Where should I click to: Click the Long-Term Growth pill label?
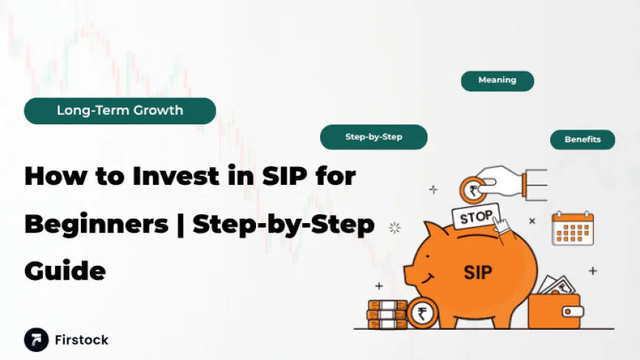(x=120, y=111)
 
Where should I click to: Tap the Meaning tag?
(x=497, y=80)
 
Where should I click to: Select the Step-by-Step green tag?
(x=374, y=137)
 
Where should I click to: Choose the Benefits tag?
(x=583, y=139)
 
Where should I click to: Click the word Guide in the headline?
(x=65, y=271)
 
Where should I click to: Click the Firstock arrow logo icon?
(x=36, y=339)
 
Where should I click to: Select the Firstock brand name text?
(x=82, y=340)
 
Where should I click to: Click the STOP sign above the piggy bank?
(x=476, y=218)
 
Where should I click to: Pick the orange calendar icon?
(x=572, y=228)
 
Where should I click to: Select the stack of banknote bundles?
(x=387, y=314)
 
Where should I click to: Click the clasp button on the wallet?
(x=569, y=311)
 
